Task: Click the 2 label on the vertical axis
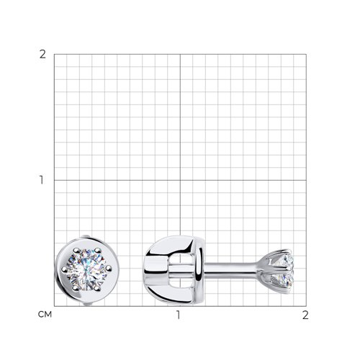point(42,55)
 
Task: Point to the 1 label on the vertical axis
point(42,180)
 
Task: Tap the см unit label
point(45,315)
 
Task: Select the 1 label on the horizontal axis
point(179,315)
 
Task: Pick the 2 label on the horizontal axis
point(305,315)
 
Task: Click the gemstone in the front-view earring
point(86,270)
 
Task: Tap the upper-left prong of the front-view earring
point(76,251)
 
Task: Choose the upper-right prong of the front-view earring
point(97,251)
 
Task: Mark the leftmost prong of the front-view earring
point(64,269)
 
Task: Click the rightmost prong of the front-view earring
point(109,268)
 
